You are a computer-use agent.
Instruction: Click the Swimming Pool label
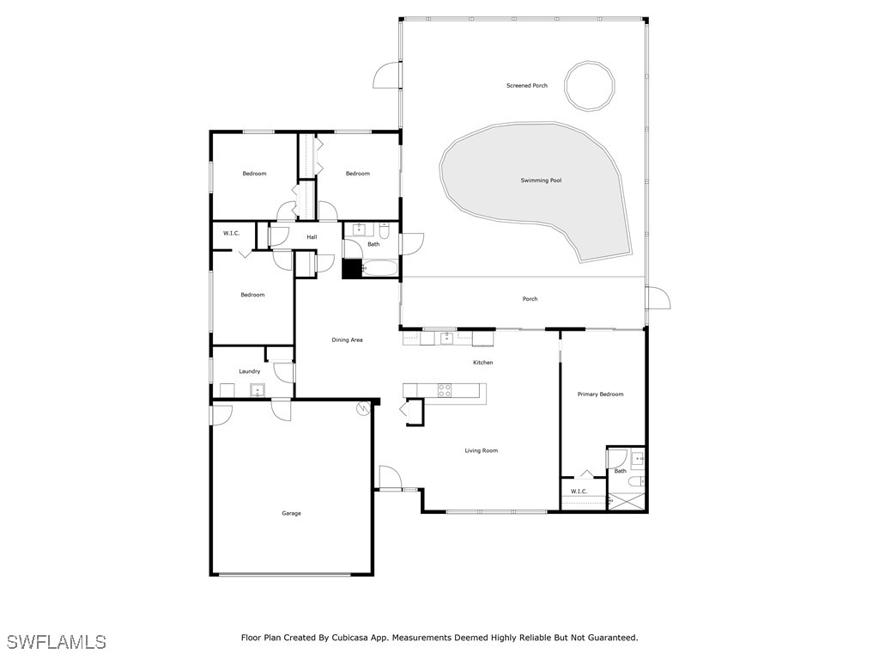click(x=541, y=180)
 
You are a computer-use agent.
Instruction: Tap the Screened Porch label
click(x=527, y=85)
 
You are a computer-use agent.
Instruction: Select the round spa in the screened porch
click(x=589, y=86)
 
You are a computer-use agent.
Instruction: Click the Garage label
click(x=292, y=513)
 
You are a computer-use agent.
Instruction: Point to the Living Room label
click(x=481, y=450)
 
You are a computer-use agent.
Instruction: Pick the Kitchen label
click(x=482, y=363)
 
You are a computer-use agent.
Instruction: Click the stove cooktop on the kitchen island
click(x=445, y=391)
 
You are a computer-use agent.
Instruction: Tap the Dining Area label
click(x=347, y=339)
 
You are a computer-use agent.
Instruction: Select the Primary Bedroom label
click(x=600, y=394)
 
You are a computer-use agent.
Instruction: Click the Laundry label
click(x=250, y=371)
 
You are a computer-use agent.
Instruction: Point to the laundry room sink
click(x=258, y=390)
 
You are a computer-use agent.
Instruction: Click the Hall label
click(x=312, y=237)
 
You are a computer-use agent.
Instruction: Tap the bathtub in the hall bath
click(x=380, y=268)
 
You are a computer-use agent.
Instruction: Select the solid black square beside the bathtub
click(x=352, y=268)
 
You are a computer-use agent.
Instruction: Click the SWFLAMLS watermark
click(x=56, y=641)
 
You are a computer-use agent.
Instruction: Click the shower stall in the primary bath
click(x=627, y=501)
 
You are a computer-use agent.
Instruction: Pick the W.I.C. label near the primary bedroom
click(x=579, y=491)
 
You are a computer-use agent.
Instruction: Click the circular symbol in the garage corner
click(x=363, y=408)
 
